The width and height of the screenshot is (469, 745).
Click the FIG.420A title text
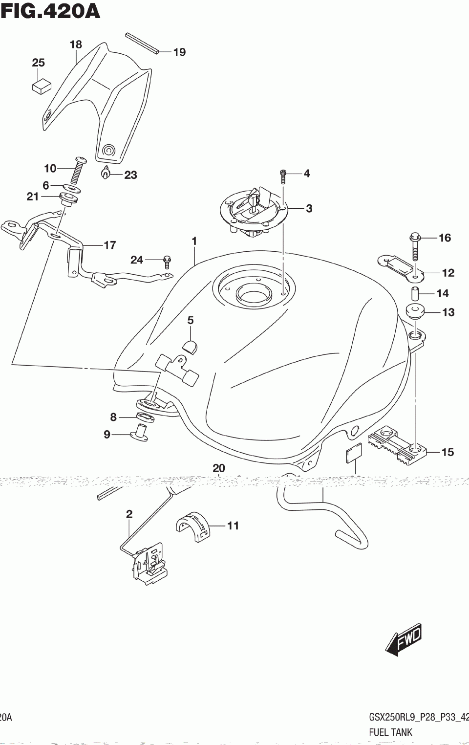click(50, 11)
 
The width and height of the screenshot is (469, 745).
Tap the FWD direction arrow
click(404, 639)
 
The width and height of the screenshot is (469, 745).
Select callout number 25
click(38, 63)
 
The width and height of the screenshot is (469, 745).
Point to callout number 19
click(179, 52)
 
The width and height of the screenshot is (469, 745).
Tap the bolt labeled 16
click(415, 246)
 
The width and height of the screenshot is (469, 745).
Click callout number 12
click(448, 273)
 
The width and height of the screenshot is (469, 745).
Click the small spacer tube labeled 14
click(415, 294)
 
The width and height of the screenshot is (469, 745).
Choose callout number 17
click(110, 245)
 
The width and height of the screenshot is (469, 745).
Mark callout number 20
click(218, 468)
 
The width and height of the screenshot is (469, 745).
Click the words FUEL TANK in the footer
click(390, 732)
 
